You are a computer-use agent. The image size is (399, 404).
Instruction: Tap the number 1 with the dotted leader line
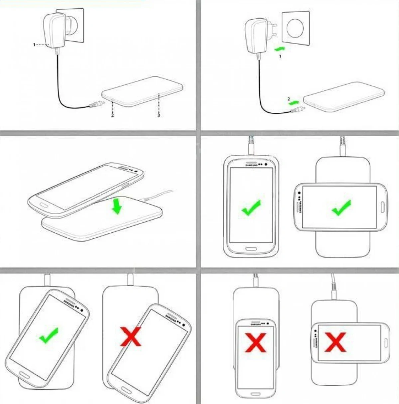34,44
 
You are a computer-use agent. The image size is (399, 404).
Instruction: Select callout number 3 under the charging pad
159,115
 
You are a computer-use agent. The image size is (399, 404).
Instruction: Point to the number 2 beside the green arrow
289,99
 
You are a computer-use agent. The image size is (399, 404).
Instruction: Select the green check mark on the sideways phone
341,208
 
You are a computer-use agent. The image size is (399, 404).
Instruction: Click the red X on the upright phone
256,342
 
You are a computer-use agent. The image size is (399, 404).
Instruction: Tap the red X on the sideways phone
335,342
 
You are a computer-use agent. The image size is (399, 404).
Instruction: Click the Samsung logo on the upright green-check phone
251,165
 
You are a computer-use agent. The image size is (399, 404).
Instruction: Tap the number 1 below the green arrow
280,57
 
